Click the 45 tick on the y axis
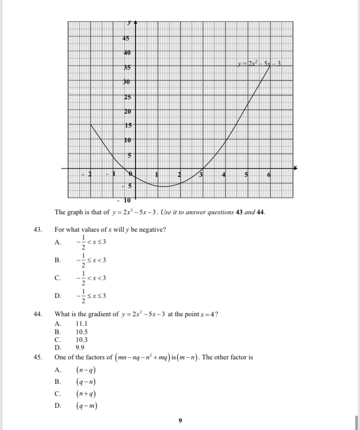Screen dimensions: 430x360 coord(126,38)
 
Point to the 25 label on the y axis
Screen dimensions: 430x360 coord(127,97)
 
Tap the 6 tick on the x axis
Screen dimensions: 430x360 coord(269,175)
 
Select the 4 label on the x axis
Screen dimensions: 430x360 coord(224,175)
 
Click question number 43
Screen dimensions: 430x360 coord(37,230)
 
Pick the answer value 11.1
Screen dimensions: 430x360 coord(81,324)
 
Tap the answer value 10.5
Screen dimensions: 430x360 coord(81,332)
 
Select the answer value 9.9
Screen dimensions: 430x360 coord(80,347)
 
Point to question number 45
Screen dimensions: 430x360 coord(37,357)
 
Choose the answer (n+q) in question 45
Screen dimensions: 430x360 coord(86,394)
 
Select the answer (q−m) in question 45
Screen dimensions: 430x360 coord(86,406)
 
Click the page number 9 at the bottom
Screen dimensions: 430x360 coord(180,420)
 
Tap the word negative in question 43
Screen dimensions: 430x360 coord(153,230)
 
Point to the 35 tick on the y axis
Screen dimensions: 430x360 coord(127,68)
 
